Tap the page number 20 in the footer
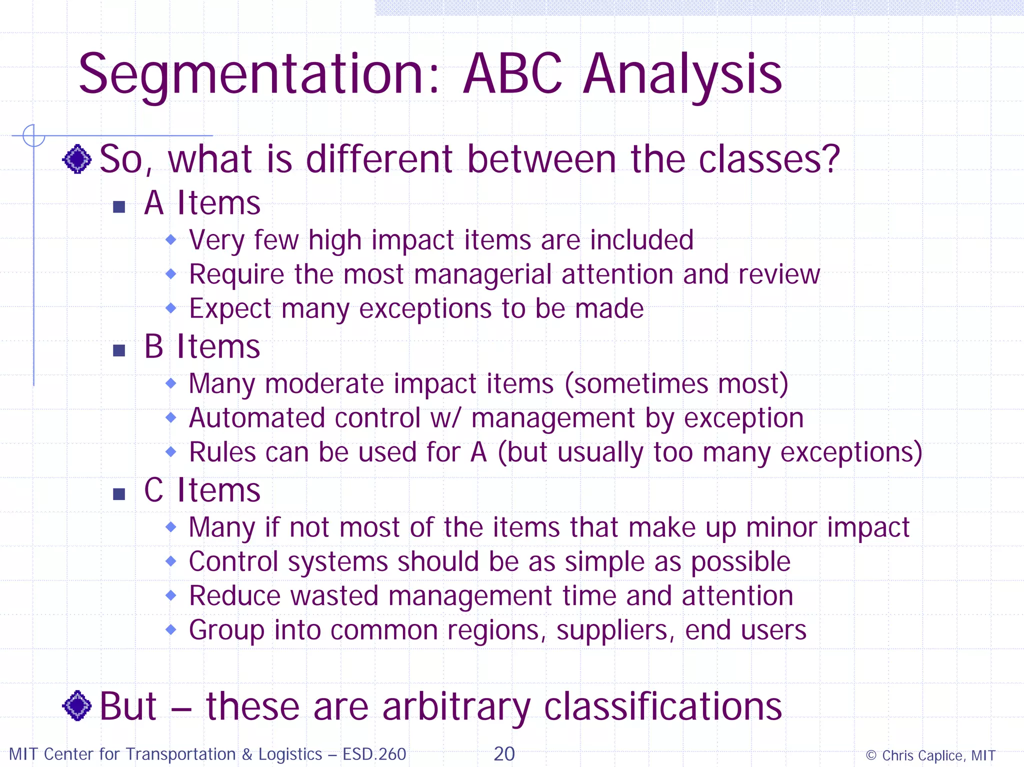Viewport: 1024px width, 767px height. pos(504,754)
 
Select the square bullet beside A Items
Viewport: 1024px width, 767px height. pos(119,206)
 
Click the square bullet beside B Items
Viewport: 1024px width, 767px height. pos(119,350)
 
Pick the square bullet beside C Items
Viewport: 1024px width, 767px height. pos(119,494)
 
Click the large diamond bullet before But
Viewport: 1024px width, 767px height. pos(77,705)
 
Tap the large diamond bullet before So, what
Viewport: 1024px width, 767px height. pos(77,159)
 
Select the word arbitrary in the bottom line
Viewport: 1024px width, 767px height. pos(456,707)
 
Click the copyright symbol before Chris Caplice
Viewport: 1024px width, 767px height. pos(871,755)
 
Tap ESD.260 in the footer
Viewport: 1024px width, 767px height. pos(374,754)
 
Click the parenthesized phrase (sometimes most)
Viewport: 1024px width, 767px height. pos(676,384)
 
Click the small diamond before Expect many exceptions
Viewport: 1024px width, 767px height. pos(171,308)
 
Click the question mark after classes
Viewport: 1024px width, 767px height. pos(830,159)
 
